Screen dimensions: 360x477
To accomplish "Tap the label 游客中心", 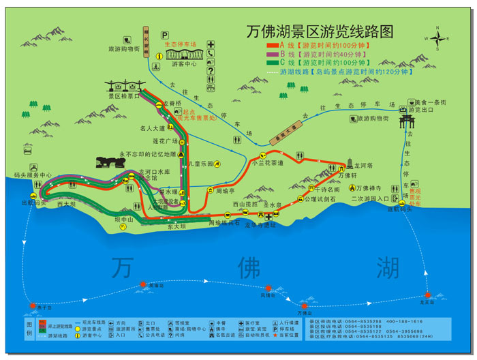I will click(184, 65).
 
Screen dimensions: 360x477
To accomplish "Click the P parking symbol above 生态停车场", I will click(164, 35).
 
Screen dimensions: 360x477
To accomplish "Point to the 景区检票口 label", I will click(123, 97).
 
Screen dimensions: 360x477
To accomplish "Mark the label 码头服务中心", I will click(31, 175).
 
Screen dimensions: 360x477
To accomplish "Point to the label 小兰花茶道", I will click(267, 163).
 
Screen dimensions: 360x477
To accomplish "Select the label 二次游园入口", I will click(370, 199).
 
